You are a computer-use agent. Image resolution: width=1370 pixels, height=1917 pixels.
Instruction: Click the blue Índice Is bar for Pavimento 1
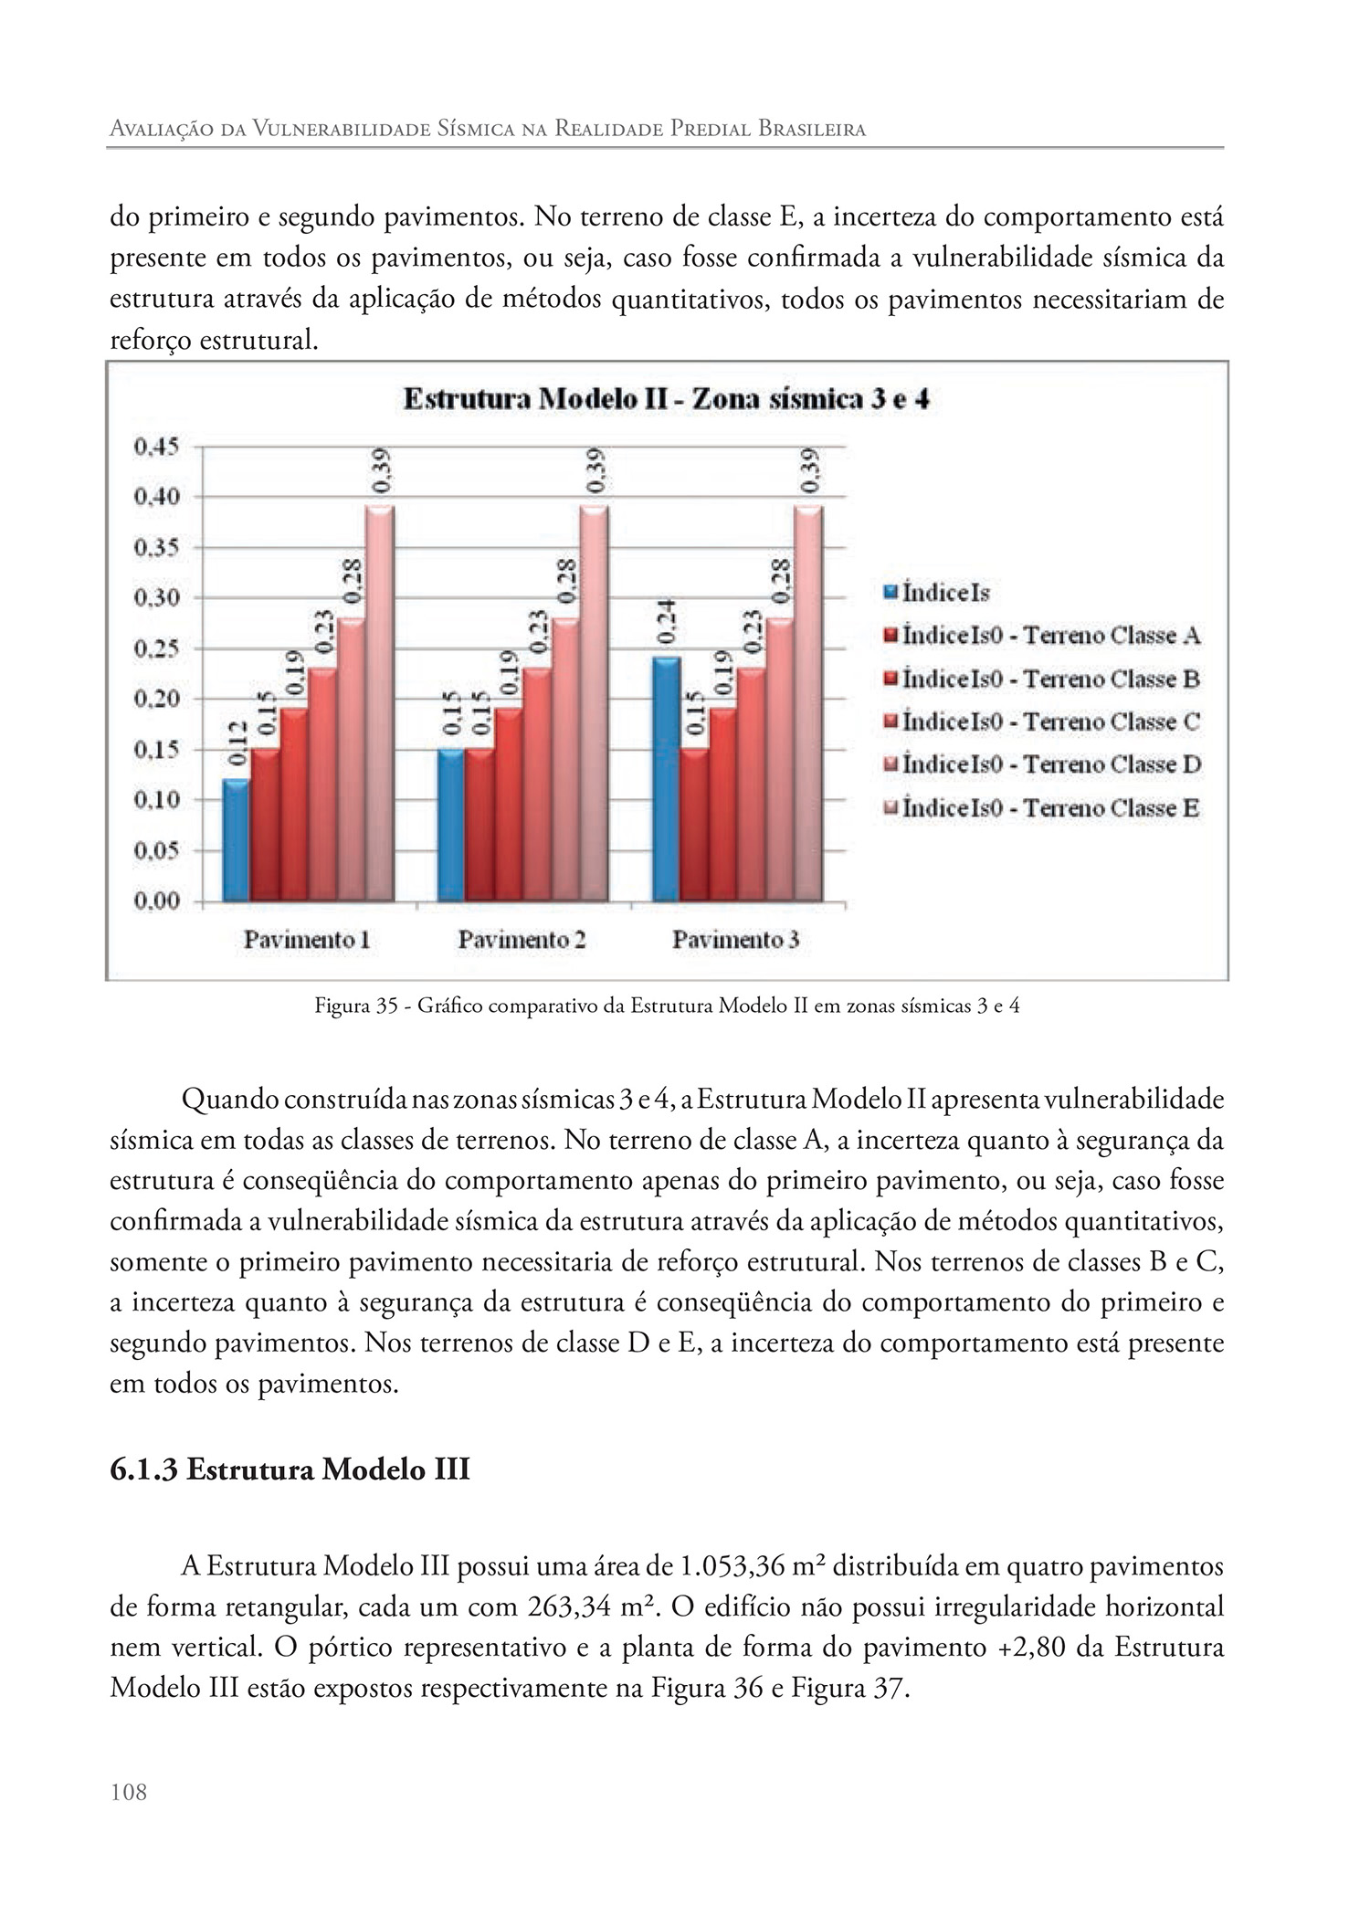point(236,840)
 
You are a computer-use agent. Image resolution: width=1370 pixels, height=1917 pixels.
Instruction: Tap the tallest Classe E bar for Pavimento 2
point(594,703)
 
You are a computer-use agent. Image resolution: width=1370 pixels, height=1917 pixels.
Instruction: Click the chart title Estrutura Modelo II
point(666,400)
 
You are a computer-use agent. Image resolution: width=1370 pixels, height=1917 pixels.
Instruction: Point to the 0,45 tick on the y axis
point(156,447)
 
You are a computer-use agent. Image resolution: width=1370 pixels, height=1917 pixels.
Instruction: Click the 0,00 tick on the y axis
point(156,901)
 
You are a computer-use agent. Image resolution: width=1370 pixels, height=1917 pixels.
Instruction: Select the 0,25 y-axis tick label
point(156,649)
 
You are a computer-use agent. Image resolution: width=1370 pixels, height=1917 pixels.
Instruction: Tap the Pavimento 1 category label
point(307,940)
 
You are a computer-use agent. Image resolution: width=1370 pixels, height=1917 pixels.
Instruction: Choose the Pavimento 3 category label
point(736,940)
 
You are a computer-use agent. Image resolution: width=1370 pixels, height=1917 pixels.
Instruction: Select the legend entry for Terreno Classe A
point(1050,636)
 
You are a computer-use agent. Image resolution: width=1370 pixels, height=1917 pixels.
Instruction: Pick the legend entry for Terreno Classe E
point(1050,808)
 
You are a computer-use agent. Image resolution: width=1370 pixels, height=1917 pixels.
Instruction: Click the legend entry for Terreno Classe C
point(1050,722)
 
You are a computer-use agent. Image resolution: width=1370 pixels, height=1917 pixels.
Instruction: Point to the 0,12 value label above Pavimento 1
point(237,743)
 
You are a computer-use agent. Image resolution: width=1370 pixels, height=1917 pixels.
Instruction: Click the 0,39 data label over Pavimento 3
point(809,470)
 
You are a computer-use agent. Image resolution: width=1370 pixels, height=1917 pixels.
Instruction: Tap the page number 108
point(128,1792)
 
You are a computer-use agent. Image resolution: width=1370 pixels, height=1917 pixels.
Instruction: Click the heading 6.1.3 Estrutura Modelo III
point(290,1470)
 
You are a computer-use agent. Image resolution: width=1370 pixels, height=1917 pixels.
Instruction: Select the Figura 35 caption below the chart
point(667,1006)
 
